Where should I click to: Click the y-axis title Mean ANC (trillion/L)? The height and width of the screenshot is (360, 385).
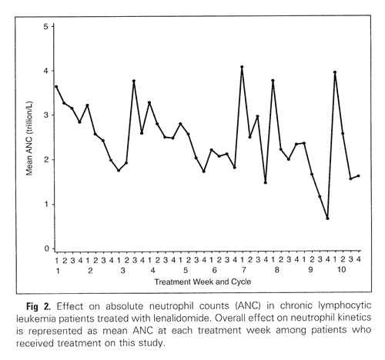pyautogui.click(x=30, y=138)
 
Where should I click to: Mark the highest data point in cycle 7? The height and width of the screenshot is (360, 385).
pyautogui.click(x=242, y=67)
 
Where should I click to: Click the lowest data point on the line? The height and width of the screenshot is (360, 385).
pyautogui.click(x=327, y=218)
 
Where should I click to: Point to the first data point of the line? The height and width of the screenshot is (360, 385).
pyautogui.click(x=56, y=86)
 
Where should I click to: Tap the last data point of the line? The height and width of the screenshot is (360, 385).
pyautogui.click(x=358, y=176)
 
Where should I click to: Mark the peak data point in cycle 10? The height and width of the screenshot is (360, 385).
pyautogui.click(x=335, y=72)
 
